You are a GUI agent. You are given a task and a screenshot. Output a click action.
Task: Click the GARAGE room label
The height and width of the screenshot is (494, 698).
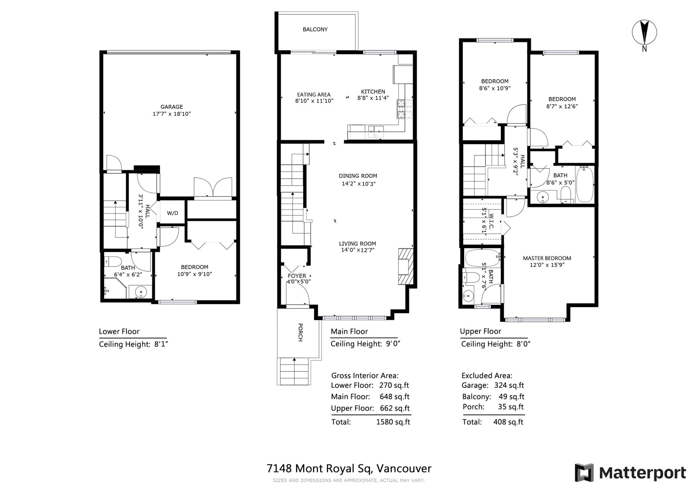tap(172, 107)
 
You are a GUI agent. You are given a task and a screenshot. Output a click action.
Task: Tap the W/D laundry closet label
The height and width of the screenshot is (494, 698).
tap(172, 213)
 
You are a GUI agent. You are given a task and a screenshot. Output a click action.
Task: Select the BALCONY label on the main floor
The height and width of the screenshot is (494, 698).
tap(315, 29)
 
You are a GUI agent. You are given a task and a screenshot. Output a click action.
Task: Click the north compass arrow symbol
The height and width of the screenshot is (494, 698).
tap(644, 32)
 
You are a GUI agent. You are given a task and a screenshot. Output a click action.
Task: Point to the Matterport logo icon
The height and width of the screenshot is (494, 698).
tap(584, 473)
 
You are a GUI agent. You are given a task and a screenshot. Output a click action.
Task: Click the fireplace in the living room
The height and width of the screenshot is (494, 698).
tap(406, 266)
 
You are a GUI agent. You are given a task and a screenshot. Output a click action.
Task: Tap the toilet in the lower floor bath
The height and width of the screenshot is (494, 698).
tap(113, 261)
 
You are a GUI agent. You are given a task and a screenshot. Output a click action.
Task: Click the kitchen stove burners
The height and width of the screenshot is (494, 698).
tap(404, 109)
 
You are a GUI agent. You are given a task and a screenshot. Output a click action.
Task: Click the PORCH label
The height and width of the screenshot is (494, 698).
tap(301, 332)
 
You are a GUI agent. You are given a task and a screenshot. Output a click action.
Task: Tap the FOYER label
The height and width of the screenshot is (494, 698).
tap(297, 276)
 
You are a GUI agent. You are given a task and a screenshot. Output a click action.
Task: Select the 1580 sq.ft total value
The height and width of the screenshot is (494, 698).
tap(393, 422)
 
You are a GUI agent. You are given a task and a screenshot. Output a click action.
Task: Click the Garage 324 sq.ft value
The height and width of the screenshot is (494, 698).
tap(509, 385)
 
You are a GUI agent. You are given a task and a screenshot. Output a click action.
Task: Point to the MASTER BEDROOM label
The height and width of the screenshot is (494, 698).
tap(547, 258)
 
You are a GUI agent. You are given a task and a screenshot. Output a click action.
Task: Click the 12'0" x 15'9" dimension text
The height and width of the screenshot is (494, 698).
tap(547, 265)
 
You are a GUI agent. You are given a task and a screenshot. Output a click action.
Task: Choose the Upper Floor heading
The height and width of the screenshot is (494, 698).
tap(480, 331)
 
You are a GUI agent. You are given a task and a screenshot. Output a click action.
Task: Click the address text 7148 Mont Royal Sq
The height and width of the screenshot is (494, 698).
tap(320, 468)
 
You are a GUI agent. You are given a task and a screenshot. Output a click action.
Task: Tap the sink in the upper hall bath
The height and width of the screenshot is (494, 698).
tap(543, 197)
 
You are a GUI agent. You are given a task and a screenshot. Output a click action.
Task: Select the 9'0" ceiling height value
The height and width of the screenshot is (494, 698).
tap(393, 344)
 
